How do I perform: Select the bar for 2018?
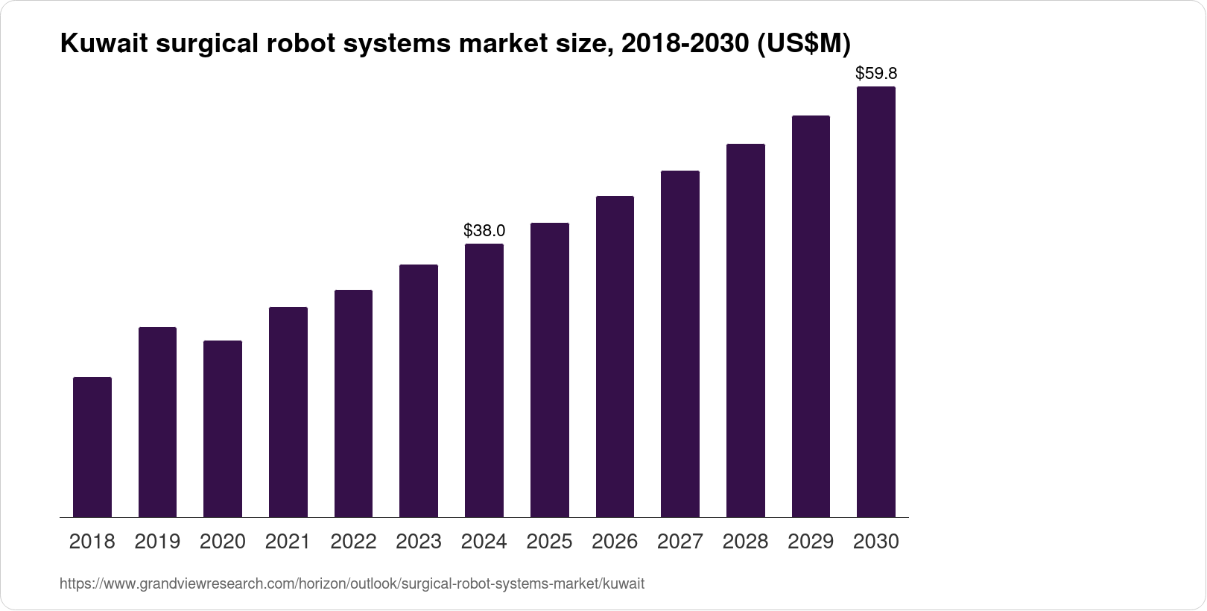(92, 447)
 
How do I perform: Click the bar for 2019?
(157, 422)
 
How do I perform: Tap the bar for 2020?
(223, 428)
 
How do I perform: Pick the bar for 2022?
(353, 403)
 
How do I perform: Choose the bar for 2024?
(484, 380)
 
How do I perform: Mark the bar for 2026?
(615, 356)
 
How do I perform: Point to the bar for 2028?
(745, 330)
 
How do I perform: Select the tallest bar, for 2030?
(876, 302)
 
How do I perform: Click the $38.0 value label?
(484, 230)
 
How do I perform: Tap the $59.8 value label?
(876, 74)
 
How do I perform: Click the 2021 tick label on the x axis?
(288, 542)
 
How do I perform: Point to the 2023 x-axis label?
(419, 542)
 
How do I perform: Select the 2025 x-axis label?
(550, 542)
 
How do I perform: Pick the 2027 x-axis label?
(680, 542)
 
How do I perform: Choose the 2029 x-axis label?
(811, 542)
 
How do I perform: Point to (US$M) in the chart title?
(803, 45)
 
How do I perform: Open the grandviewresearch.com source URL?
(352, 584)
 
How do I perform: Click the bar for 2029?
(811, 316)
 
